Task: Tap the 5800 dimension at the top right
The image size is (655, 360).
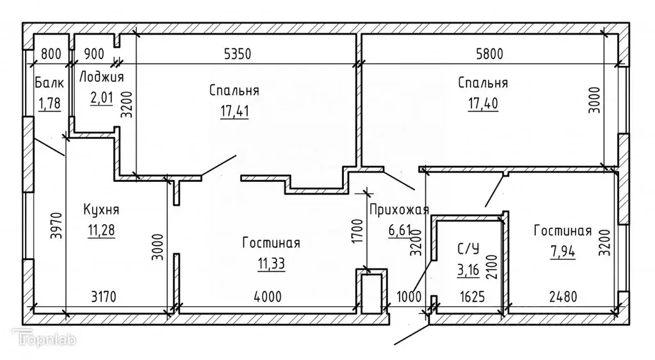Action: pyautogui.click(x=485, y=54)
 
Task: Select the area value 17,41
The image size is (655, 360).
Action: pyautogui.click(x=234, y=110)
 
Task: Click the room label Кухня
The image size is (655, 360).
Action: pyautogui.click(x=101, y=209)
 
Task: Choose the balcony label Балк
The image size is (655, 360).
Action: pyautogui.click(x=49, y=83)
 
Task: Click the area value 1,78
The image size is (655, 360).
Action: pyautogui.click(x=49, y=102)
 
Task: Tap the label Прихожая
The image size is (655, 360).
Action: pyautogui.click(x=399, y=208)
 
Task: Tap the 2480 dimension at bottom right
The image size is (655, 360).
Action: pyautogui.click(x=563, y=297)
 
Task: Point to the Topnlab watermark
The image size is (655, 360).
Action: pyautogui.click(x=44, y=339)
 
